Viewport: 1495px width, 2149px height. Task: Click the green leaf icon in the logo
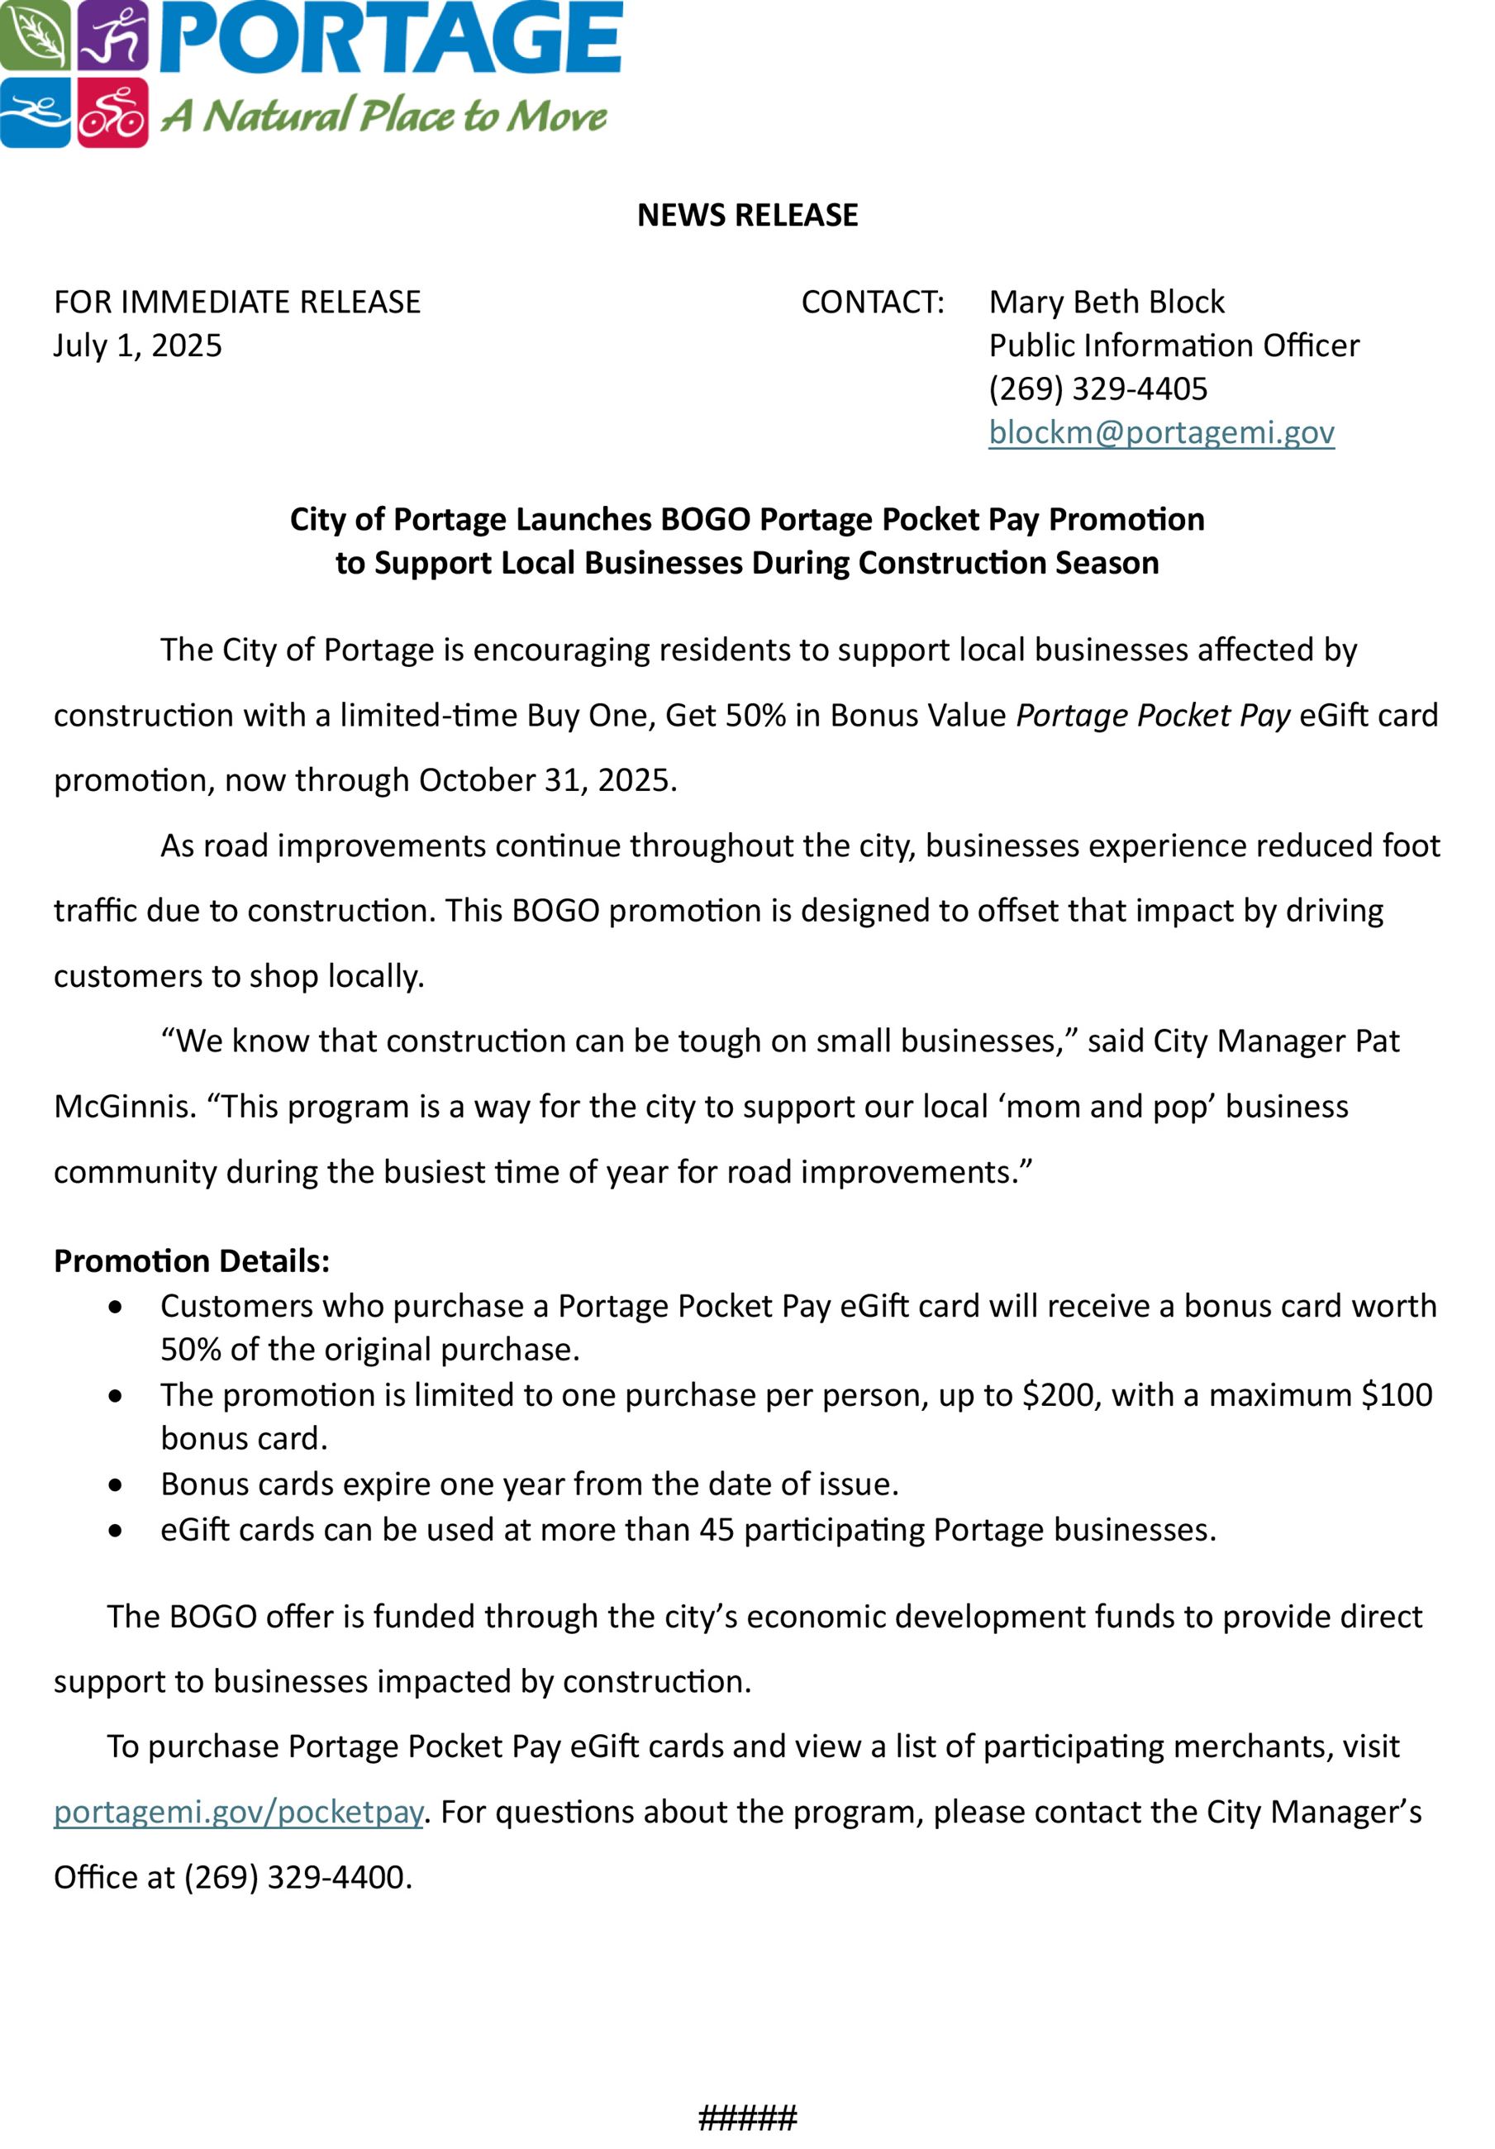(x=36, y=36)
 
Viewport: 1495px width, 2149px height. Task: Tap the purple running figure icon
(x=112, y=36)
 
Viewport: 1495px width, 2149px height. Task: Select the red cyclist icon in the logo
(x=112, y=112)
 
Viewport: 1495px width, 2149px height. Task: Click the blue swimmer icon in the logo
(x=34, y=112)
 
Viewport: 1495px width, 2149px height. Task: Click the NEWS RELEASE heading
(x=747, y=215)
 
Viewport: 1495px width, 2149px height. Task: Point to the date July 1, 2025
(x=138, y=345)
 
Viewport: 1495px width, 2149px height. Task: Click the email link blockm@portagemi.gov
(x=1161, y=432)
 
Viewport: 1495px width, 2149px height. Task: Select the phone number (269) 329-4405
(x=1097, y=388)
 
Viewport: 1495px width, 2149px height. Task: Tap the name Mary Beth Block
(x=1106, y=303)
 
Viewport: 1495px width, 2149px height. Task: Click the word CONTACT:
(x=872, y=303)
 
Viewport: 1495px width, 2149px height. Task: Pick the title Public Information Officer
(x=1173, y=345)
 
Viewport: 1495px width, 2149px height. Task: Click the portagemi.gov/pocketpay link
(x=239, y=1812)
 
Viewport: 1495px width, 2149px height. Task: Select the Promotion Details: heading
(x=192, y=1260)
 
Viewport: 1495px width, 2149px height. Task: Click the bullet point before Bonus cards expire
(x=115, y=1484)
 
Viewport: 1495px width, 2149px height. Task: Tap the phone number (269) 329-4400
(x=293, y=1878)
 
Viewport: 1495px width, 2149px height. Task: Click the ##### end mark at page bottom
(x=747, y=2117)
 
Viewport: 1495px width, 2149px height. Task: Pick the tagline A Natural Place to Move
(x=383, y=116)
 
